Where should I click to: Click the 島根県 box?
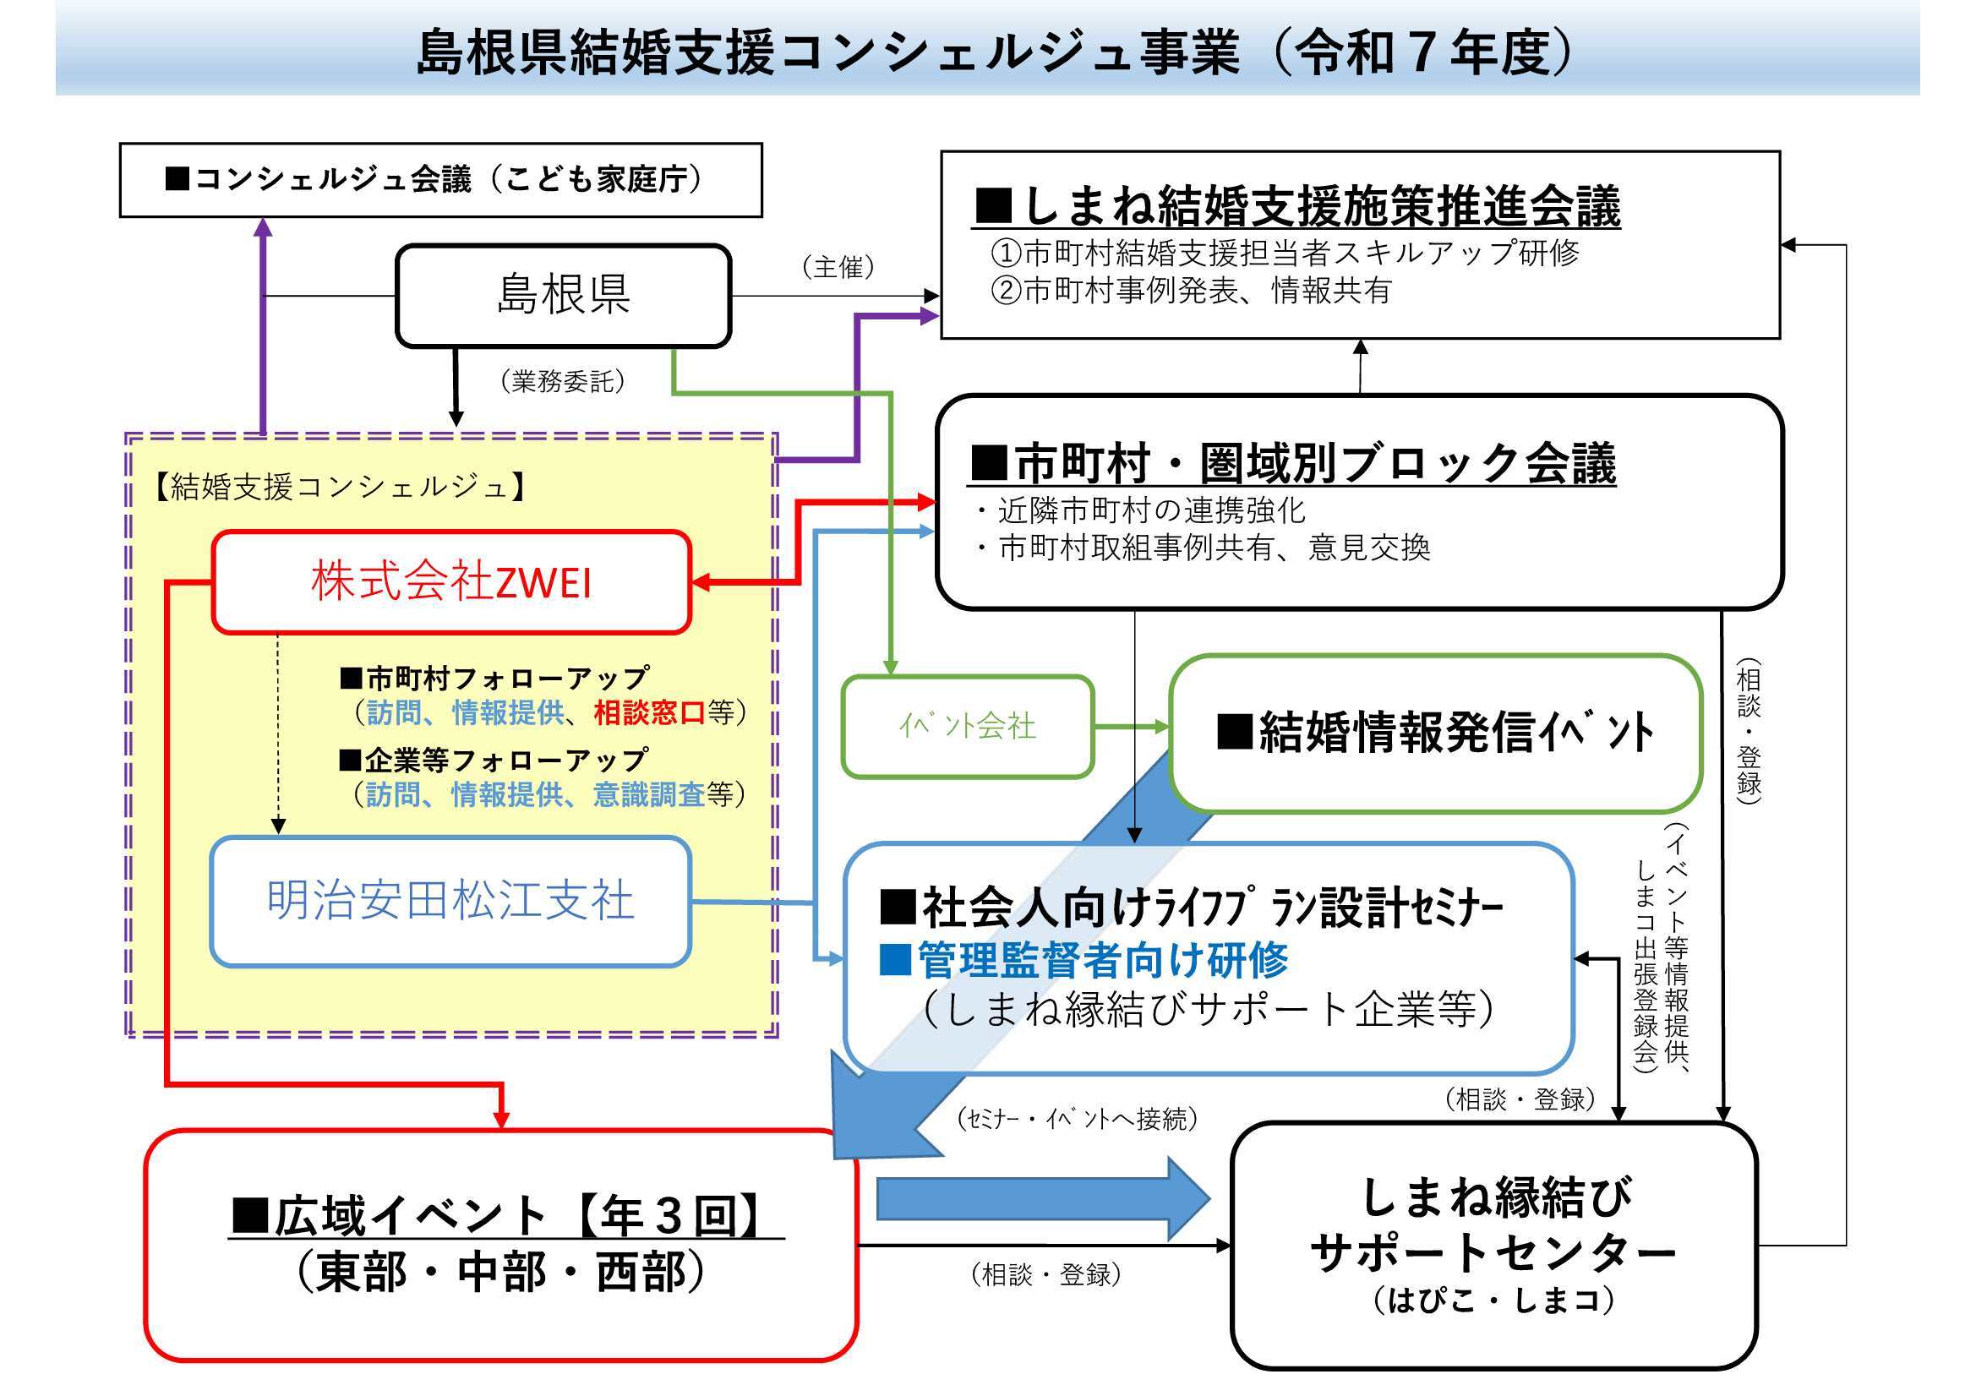coord(563,295)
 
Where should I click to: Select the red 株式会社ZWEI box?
coord(451,582)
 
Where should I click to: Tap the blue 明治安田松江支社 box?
coord(450,900)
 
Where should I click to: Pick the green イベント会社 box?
coord(967,728)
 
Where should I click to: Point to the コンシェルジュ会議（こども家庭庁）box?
coord(440,180)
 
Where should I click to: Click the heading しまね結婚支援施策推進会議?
coord(1296,206)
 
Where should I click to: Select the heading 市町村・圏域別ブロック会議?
coord(1292,463)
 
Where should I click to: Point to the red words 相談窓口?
coord(649,712)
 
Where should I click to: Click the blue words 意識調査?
coord(649,794)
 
